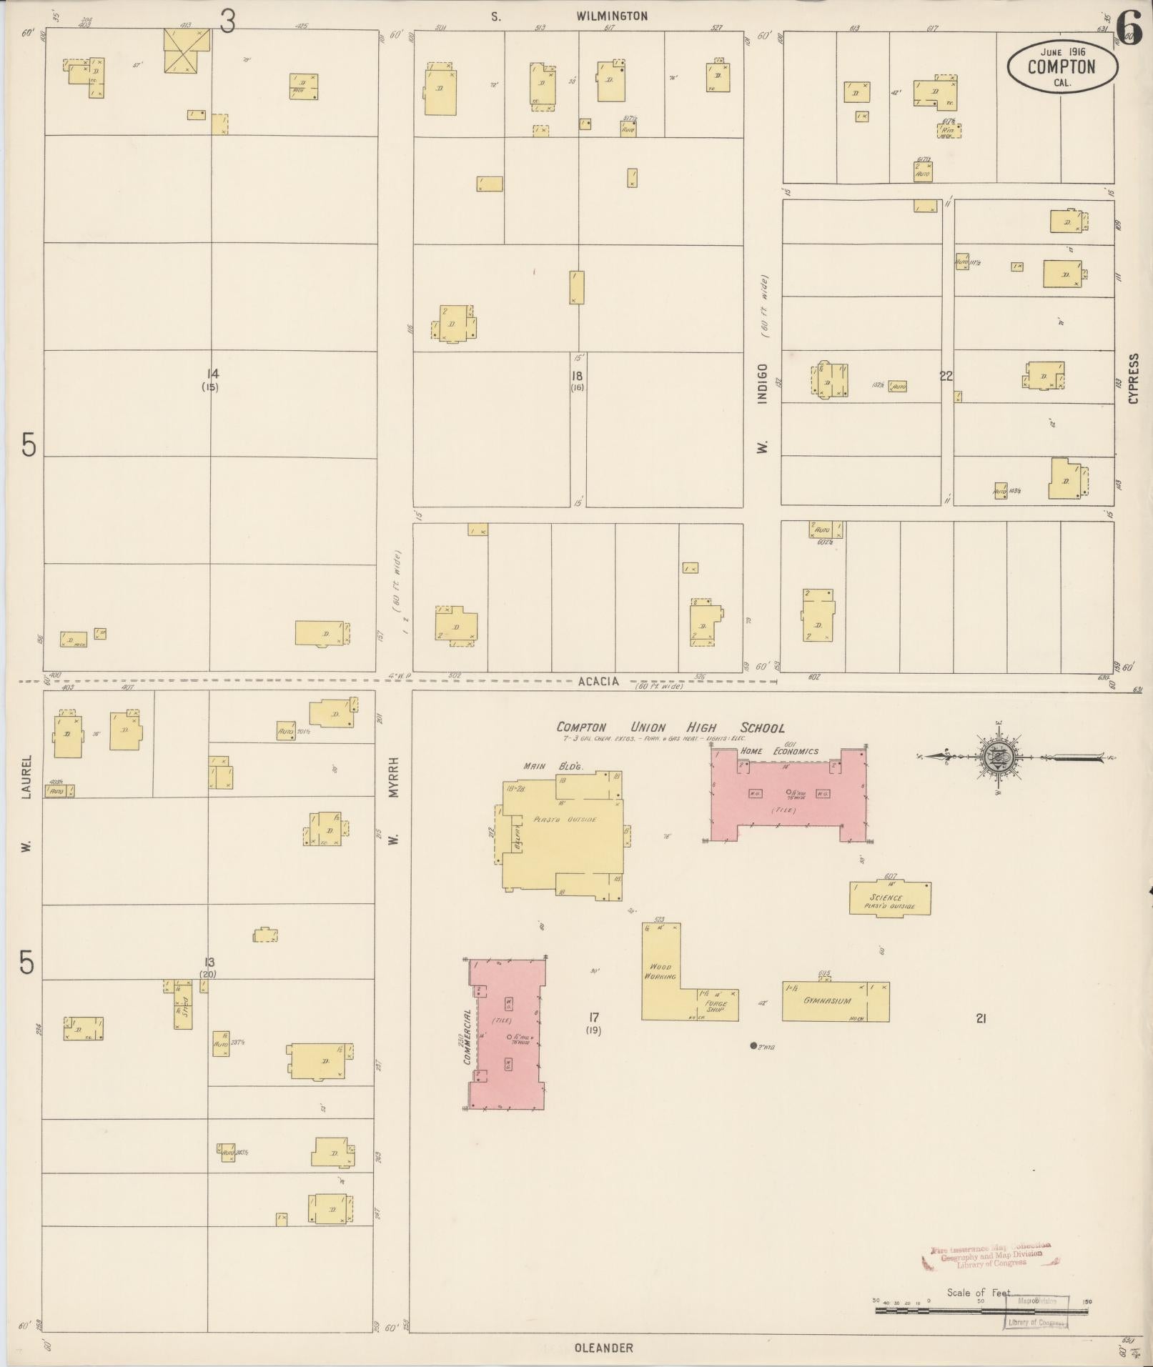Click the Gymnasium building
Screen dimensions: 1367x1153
835,1001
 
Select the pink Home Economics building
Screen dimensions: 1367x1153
790,794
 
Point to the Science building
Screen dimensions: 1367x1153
889,898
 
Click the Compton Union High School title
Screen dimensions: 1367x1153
670,727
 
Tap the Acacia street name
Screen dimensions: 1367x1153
599,681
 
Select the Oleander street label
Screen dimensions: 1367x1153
603,1348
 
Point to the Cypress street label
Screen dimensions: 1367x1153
1133,379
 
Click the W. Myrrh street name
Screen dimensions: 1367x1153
392,800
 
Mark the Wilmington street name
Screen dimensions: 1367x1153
611,16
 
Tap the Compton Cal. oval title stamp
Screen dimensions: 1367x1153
1062,66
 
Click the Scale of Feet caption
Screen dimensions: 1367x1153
979,1292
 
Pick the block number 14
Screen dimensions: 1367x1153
212,374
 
